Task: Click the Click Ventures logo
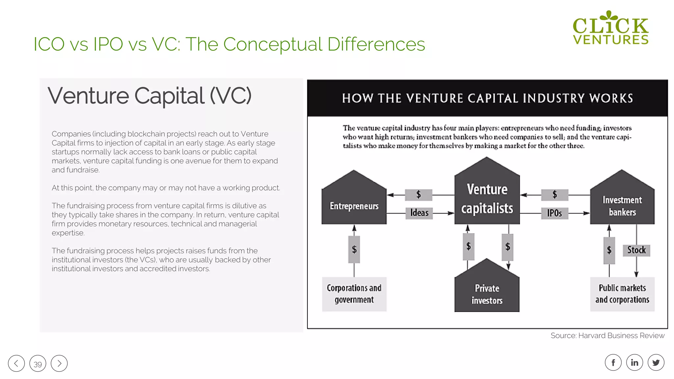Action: click(610, 28)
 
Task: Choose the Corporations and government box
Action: click(354, 294)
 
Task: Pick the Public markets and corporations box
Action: click(622, 294)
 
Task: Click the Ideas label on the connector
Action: click(419, 213)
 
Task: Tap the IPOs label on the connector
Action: click(555, 213)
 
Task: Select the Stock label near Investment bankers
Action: click(636, 250)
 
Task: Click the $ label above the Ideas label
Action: click(419, 195)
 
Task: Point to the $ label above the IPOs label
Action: click(555, 195)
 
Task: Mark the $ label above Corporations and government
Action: click(354, 249)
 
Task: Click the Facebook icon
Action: click(613, 363)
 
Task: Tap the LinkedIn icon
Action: click(635, 363)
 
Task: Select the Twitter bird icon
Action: click(656, 363)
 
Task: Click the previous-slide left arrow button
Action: click(16, 364)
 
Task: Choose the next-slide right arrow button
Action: click(59, 364)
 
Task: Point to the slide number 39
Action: click(38, 364)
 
